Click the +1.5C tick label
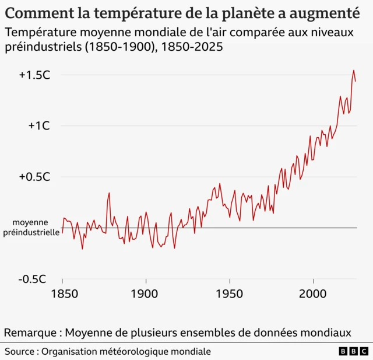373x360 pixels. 34,75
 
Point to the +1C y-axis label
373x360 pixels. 39,125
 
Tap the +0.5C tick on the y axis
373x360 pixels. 34,177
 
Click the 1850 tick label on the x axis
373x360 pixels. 62,294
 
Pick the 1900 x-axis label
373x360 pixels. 145,294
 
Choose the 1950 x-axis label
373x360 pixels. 228,294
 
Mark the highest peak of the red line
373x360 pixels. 353,71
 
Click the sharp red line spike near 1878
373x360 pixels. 109,193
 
